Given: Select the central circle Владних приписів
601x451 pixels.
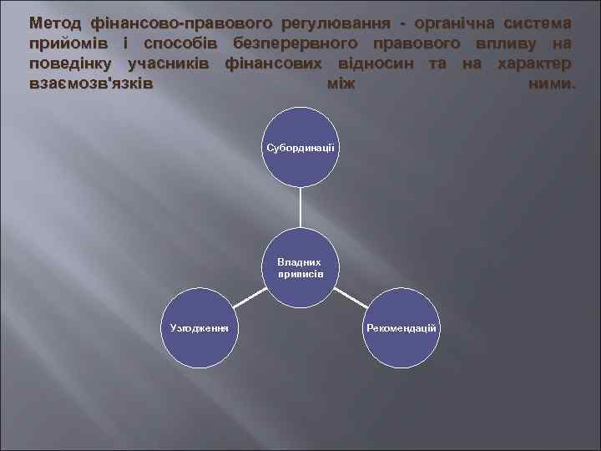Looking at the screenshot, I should click(x=300, y=268).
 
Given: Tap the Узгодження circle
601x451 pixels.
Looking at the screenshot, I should click(x=199, y=327).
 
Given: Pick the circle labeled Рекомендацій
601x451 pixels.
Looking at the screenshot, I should click(x=401, y=327).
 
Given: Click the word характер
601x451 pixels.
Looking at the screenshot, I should click(x=534, y=64).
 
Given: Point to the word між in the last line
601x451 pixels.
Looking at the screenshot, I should click(x=334, y=85).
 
